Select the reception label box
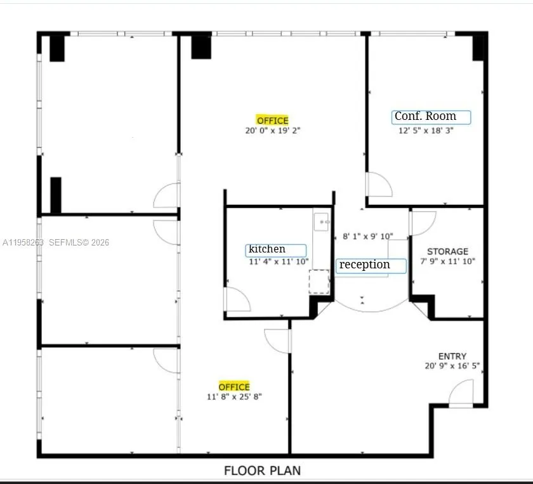click(371, 265)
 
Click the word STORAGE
click(447, 252)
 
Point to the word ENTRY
click(452, 356)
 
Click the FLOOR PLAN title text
click(262, 471)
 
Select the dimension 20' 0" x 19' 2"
click(272, 131)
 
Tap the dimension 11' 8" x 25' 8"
click(234, 397)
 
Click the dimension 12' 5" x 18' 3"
click(426, 131)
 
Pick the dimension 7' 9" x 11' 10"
click(447, 261)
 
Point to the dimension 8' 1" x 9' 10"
click(367, 237)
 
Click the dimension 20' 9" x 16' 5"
click(452, 366)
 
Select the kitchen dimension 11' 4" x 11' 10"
click(279, 261)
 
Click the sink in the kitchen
click(322, 221)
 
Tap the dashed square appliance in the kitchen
click(319, 281)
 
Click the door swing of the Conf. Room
click(379, 185)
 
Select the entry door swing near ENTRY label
click(462, 393)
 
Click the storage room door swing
click(423, 223)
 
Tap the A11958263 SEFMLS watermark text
click(56, 242)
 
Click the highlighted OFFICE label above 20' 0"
click(272, 121)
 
